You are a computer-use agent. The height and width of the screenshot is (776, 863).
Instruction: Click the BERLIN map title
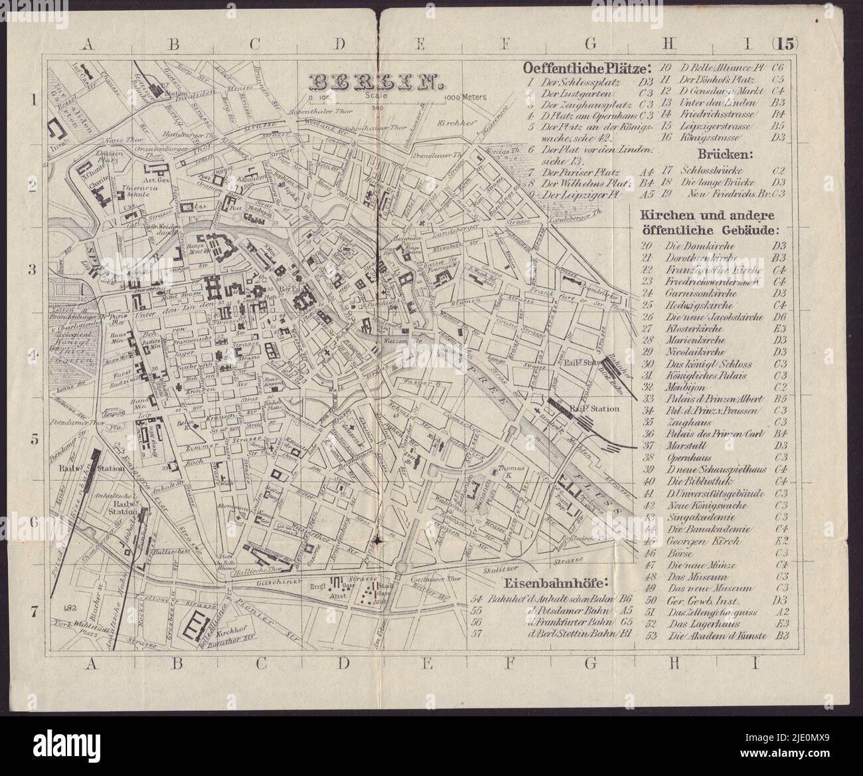376,81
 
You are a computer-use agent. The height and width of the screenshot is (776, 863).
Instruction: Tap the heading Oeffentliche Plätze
587,69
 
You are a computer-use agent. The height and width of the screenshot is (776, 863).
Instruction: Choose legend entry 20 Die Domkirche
690,245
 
